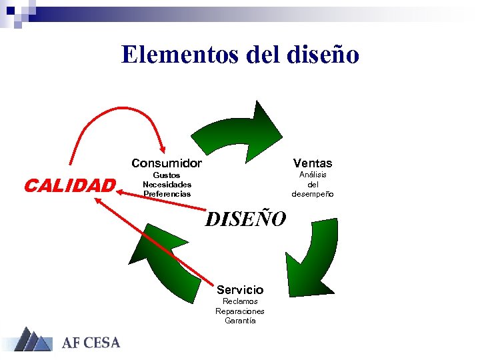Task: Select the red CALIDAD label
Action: pos(69,185)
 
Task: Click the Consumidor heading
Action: pos(167,163)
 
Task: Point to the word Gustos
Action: pos(167,175)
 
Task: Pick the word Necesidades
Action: pos(167,185)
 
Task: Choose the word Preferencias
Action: pos(167,194)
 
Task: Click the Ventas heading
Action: pos(313,163)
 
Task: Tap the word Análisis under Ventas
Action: pos(313,175)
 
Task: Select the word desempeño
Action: pos(313,194)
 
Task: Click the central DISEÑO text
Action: pos(245,218)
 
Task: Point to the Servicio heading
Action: pos(240,289)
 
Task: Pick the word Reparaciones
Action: pos(240,311)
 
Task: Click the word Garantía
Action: pos(240,321)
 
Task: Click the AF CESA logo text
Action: pos(91,343)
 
